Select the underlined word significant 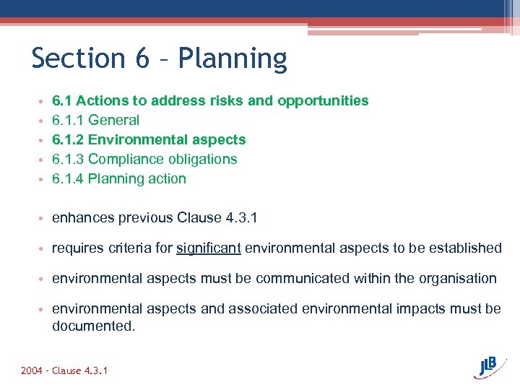pos(209,248)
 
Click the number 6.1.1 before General pos(68,121)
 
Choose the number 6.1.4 pos(68,179)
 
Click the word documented pos(93,326)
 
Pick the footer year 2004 pos(32,371)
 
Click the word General pos(113,121)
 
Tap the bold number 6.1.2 pos(68,140)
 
